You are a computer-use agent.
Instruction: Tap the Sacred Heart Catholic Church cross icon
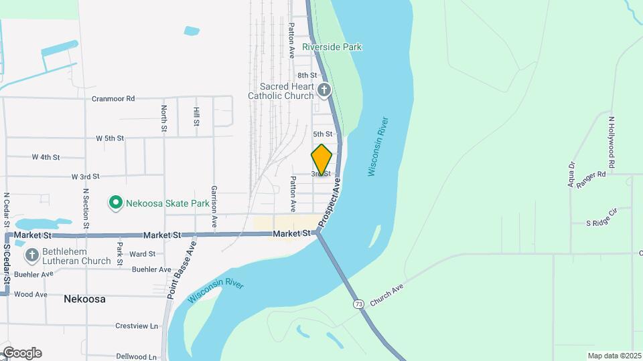click(324, 90)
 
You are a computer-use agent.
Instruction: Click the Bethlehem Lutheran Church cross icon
click(31, 255)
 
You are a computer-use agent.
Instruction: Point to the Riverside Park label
click(332, 47)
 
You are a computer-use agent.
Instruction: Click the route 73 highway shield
click(359, 304)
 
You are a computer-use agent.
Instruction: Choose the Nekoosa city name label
click(84, 299)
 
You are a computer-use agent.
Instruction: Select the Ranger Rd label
click(592, 174)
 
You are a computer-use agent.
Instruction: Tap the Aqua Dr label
click(572, 174)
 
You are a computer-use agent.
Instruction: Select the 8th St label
click(307, 76)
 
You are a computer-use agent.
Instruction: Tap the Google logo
click(21, 353)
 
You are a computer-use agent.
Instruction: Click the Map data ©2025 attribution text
click(614, 356)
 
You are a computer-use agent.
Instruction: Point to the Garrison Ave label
click(214, 207)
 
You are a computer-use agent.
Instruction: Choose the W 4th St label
click(46, 157)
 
